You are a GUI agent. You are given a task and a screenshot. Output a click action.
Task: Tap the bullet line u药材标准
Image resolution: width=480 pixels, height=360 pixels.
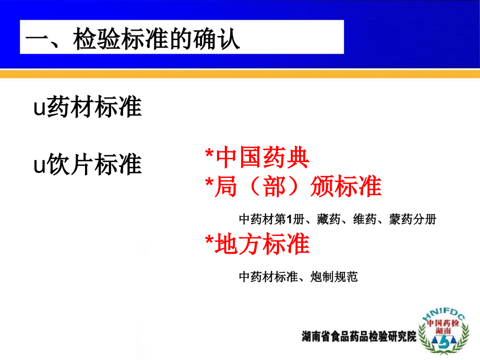88,108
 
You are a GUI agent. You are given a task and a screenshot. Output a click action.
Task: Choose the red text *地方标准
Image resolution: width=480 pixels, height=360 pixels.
257,244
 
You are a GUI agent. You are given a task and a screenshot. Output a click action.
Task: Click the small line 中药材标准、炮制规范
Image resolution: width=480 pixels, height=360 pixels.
298,277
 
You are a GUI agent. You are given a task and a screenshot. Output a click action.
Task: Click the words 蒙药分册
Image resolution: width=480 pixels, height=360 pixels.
412,220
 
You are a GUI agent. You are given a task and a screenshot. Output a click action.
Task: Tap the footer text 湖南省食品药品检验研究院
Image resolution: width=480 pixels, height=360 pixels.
359,337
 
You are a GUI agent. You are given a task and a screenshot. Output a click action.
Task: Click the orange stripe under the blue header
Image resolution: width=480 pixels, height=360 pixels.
240,74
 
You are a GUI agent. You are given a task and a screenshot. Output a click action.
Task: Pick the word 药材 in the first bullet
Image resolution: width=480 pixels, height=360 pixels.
70,108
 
